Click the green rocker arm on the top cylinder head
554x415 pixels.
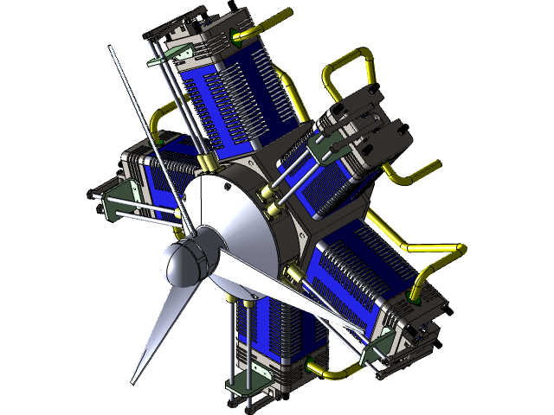[x=161, y=61]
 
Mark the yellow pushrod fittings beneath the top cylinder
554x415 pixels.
[x=208, y=163]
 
